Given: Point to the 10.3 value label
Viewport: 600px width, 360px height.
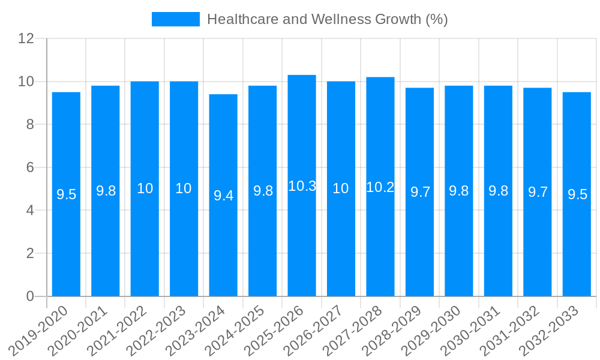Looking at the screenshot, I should tap(302, 186).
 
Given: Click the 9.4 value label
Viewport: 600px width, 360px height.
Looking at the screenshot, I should tap(223, 196).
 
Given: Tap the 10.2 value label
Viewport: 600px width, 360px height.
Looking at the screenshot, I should tap(380, 187).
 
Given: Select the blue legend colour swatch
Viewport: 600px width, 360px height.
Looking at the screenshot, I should tap(175, 19).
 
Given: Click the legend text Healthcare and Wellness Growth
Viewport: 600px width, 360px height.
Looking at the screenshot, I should tap(327, 19).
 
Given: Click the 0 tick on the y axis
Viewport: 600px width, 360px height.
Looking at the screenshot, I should tap(30, 296).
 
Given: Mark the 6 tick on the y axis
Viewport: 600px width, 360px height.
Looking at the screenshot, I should tap(30, 167).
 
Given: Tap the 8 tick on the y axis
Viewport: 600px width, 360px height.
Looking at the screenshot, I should tap(30, 124).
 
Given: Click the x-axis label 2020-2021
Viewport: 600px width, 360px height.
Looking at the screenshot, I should tap(78, 330).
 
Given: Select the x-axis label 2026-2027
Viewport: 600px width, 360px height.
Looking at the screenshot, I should tap(314, 330).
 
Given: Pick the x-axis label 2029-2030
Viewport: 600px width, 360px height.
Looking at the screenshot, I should tap(431, 330).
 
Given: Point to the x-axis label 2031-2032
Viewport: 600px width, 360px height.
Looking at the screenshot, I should tap(510, 330).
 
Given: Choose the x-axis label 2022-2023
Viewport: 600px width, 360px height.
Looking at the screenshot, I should tap(157, 330).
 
